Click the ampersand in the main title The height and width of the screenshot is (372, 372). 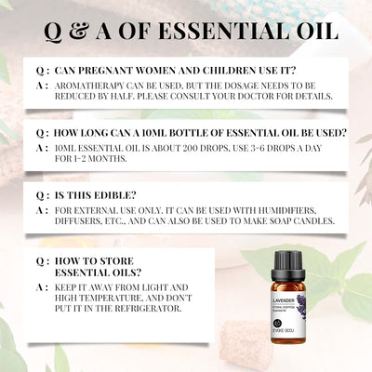104,31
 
